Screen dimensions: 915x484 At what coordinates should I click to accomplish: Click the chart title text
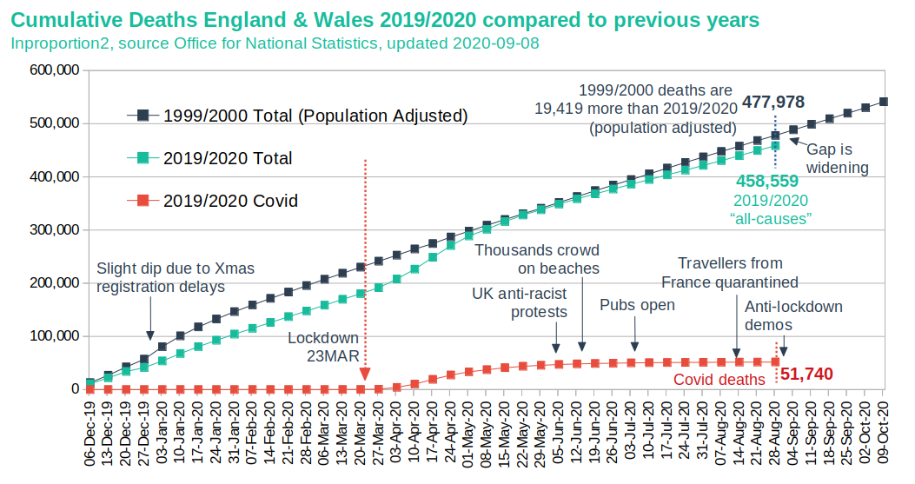pyautogui.click(x=385, y=20)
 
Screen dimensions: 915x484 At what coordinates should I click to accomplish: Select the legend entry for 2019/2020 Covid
pyautogui.click(x=213, y=201)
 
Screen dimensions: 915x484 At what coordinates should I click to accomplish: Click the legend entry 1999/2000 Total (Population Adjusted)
pyautogui.click(x=297, y=116)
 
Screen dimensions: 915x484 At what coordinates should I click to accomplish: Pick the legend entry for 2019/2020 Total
pyautogui.click(x=210, y=158)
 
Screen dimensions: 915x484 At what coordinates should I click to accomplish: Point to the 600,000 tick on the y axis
pyautogui.click(x=54, y=70)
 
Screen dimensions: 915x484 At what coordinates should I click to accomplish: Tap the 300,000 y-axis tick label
pyautogui.click(x=54, y=229)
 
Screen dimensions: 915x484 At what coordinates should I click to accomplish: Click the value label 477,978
pyautogui.click(x=773, y=103)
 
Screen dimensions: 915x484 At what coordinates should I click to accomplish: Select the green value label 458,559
pyautogui.click(x=767, y=181)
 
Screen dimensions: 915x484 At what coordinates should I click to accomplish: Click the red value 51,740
pyautogui.click(x=806, y=374)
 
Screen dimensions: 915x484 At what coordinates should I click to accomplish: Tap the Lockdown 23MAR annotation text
pyautogui.click(x=324, y=347)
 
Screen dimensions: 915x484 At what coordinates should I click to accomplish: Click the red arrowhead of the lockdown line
pyautogui.click(x=365, y=375)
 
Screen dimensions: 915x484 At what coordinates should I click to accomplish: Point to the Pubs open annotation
pyautogui.click(x=637, y=305)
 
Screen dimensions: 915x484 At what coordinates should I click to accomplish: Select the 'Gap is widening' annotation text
pyautogui.click(x=838, y=158)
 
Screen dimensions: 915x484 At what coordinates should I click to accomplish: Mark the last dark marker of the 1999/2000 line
pyautogui.click(x=884, y=103)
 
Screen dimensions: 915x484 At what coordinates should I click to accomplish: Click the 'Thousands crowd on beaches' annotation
pyautogui.click(x=537, y=259)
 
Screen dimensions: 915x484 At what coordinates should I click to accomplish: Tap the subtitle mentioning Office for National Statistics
pyautogui.click(x=275, y=43)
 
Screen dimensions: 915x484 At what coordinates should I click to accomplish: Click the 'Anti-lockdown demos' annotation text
pyautogui.click(x=793, y=315)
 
